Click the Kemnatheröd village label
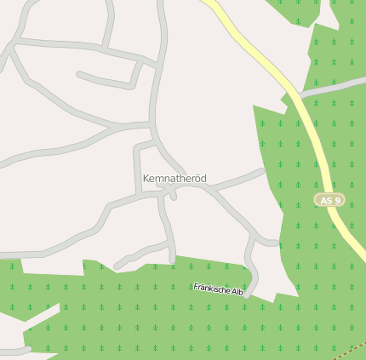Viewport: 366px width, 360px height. [174, 179]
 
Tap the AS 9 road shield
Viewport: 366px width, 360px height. [329, 200]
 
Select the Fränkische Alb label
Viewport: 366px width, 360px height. [218, 290]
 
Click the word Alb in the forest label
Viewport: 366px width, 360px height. [237, 293]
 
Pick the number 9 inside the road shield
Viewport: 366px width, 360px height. [338, 200]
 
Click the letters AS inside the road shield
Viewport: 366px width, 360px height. [325, 200]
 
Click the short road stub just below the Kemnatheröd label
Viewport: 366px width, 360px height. [172, 195]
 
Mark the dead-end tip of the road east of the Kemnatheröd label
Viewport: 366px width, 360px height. [261, 170]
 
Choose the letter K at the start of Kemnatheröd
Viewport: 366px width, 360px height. [146, 179]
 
